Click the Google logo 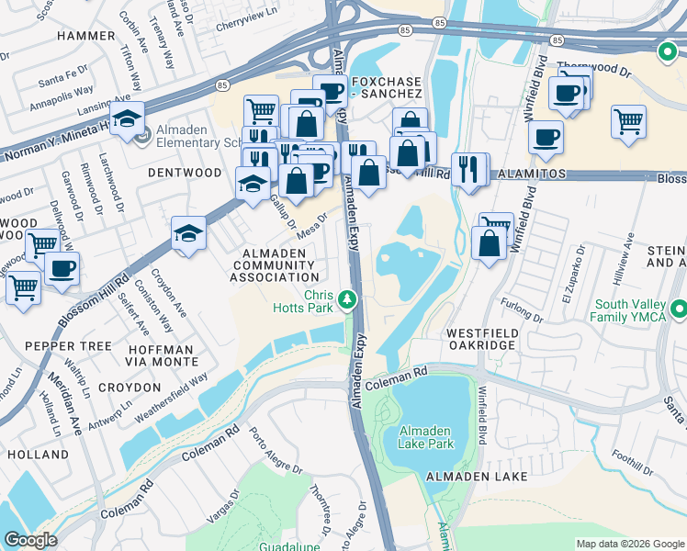(30, 540)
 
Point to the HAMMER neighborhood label (85, 36)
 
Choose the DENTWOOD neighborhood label (185, 173)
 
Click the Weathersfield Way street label (173, 396)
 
